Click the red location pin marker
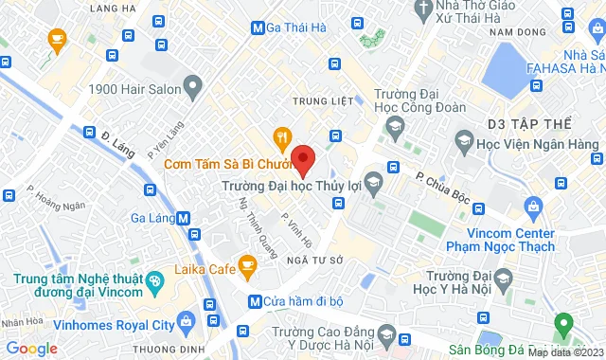[302, 158]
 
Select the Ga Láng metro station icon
[183, 217]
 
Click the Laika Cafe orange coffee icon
[247, 268]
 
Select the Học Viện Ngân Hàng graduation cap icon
[463, 142]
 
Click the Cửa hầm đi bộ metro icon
[254, 302]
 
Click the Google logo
[32, 349]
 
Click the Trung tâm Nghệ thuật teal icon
[154, 281]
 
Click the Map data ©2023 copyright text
[564, 352]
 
